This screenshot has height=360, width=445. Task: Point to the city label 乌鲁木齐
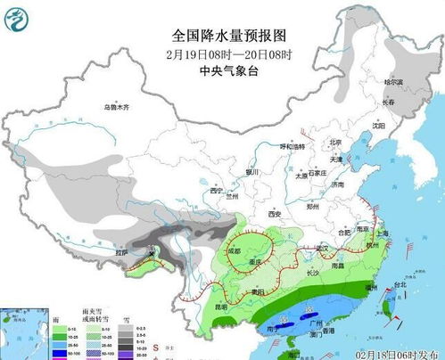pyautogui.click(x=116, y=107)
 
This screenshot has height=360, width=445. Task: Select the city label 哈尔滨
pyautogui.click(x=394, y=82)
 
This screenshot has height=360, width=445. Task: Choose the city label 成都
pyautogui.click(x=234, y=251)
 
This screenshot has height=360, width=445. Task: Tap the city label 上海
pyautogui.click(x=383, y=233)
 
